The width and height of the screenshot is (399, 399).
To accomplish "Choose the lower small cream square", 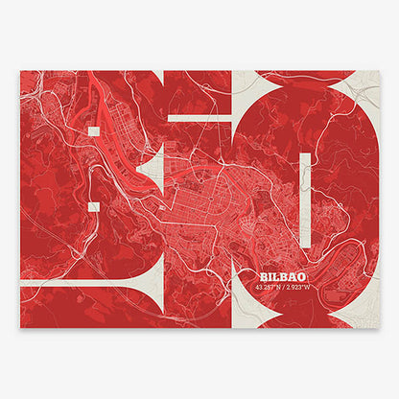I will pyautogui.click(x=93, y=204).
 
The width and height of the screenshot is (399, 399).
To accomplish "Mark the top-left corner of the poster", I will pyautogui.click(x=20, y=71).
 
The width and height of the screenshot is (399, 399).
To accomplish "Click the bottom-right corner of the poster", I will pyautogui.click(x=379, y=328).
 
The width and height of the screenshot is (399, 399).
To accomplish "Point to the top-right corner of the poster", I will pyautogui.click(x=379, y=71).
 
